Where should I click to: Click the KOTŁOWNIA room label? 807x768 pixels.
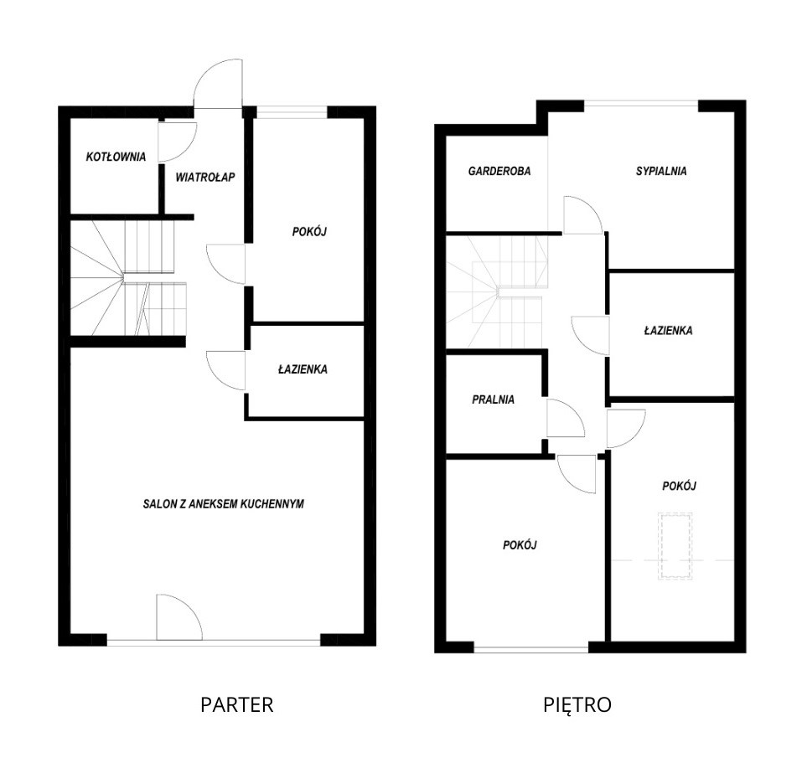(x=116, y=157)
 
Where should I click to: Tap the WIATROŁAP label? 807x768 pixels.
(x=205, y=177)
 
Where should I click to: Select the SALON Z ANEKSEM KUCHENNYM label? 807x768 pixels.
(x=224, y=503)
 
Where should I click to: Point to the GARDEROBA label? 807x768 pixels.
(x=499, y=171)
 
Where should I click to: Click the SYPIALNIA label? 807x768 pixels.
(x=661, y=171)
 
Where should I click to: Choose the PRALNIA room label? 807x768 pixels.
(x=493, y=399)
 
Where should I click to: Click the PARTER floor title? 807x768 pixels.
(x=237, y=704)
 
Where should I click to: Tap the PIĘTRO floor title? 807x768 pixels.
(x=577, y=704)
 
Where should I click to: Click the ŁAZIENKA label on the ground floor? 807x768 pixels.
(x=303, y=369)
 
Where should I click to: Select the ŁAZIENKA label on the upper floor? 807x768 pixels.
(x=668, y=330)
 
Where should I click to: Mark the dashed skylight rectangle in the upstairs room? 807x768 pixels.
(x=675, y=546)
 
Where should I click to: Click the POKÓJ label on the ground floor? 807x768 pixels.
(x=309, y=231)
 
